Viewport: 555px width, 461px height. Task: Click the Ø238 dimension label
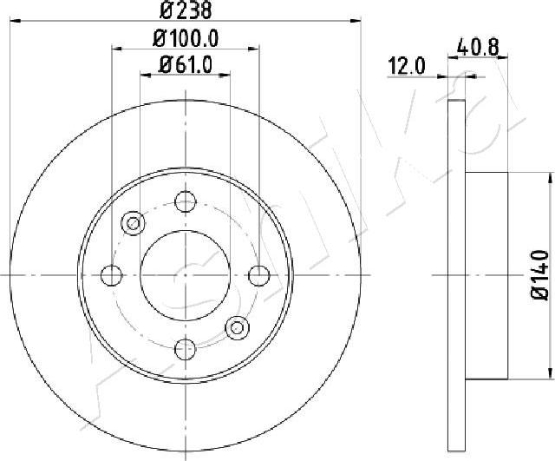[186, 10]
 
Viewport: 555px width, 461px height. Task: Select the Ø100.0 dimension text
[186, 38]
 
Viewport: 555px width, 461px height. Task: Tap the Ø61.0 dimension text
[186, 65]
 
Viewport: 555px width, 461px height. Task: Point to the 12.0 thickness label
[407, 66]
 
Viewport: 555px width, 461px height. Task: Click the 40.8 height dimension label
[478, 47]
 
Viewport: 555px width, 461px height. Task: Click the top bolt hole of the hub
[186, 201]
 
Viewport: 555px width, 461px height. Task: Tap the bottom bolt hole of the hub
[186, 349]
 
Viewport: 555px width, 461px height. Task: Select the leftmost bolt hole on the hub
[112, 275]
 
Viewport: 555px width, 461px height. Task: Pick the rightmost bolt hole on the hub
[259, 275]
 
